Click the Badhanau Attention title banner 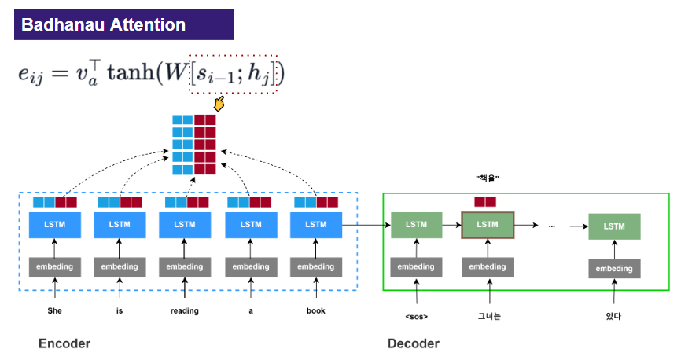[123, 24]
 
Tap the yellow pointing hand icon [219, 104]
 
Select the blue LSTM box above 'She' [55, 225]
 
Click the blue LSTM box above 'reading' [185, 225]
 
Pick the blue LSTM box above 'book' [316, 225]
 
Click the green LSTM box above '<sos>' [417, 225]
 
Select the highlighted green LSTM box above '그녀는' [488, 225]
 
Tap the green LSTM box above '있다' [614, 226]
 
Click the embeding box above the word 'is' [120, 266]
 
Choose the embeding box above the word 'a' [251, 266]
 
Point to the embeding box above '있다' [614, 268]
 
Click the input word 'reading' [185, 311]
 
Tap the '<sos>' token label [417, 317]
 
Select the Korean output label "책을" [488, 178]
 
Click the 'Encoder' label [64, 343]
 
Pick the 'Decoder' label [414, 343]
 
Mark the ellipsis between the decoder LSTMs [551, 226]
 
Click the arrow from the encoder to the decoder [366, 225]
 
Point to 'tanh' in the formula [131, 72]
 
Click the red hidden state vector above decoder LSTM [485, 201]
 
